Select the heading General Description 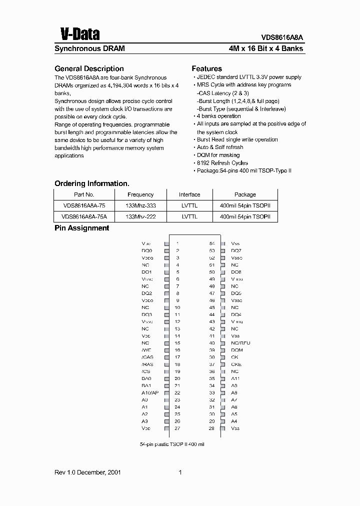88,68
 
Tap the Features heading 206,68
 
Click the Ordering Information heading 91,183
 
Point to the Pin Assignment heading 81,228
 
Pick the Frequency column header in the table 140,194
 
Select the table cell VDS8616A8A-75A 84,216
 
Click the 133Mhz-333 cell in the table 140,205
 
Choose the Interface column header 189,194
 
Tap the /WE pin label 146,350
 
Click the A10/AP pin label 149,393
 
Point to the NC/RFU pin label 240,343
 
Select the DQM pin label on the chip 236,350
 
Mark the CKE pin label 236,364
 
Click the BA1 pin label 146,385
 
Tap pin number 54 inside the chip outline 212,243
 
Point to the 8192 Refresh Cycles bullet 222,163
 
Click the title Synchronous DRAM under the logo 89,49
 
